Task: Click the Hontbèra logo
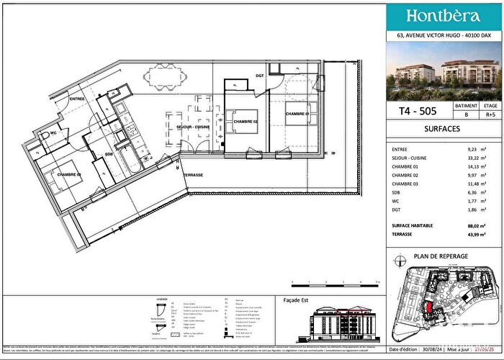tap(444, 16)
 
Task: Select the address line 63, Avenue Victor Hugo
tap(444, 35)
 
